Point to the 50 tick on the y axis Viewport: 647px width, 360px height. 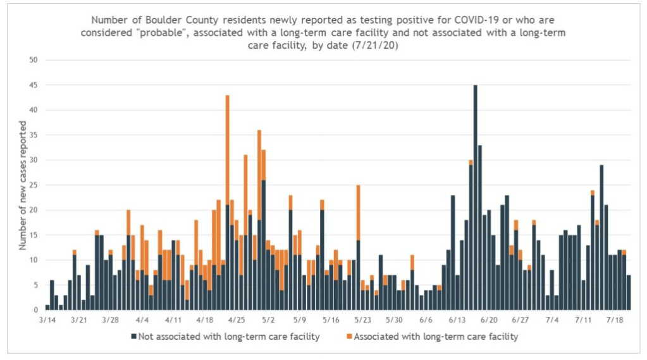(34, 60)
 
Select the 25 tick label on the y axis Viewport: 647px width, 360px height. (34, 185)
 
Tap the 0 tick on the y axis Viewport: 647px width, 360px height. (37, 310)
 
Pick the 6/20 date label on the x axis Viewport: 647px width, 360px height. (488, 320)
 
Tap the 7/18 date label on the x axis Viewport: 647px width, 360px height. (614, 320)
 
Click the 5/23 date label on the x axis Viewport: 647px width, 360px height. (362, 320)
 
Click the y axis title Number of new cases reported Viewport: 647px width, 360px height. (23, 185)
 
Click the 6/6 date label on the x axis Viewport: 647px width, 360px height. (426, 320)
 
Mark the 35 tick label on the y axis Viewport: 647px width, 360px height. (34, 135)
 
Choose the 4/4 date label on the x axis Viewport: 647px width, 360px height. (142, 320)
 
